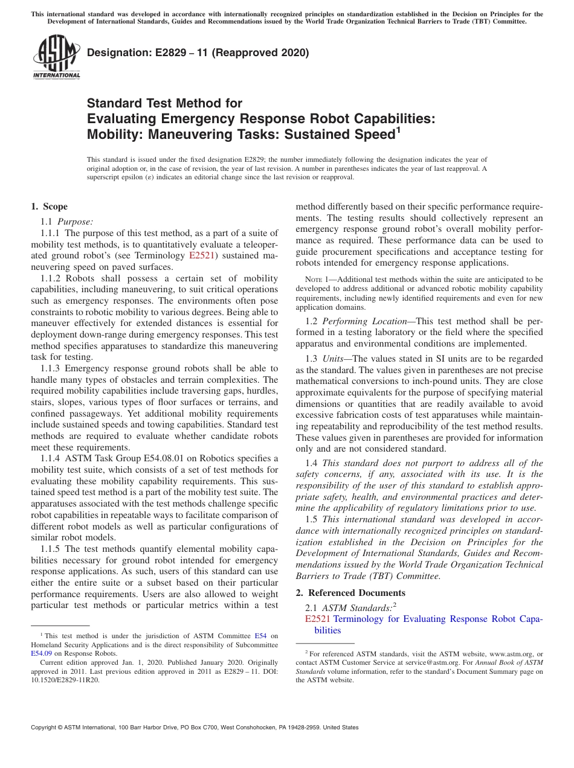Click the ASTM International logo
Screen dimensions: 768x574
pos(56,57)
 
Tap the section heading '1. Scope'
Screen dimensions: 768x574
pos(50,206)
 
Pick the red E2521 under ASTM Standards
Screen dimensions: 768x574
pos(318,619)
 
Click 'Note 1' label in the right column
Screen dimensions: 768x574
pos(314,280)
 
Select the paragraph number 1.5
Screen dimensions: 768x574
pos(311,519)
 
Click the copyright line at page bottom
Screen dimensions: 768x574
pos(195,728)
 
